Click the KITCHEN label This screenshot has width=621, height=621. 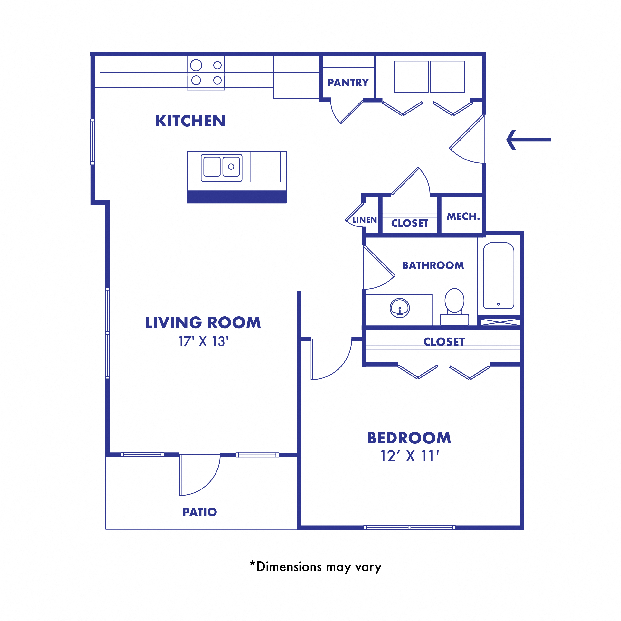click(x=190, y=121)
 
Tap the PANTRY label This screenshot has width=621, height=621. click(x=348, y=83)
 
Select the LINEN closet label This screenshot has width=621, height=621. click(x=365, y=220)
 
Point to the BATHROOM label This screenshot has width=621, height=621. click(x=433, y=265)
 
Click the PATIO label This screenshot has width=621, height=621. click(x=200, y=512)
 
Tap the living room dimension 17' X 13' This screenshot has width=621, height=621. click(x=203, y=341)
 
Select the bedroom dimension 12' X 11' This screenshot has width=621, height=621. click(x=410, y=456)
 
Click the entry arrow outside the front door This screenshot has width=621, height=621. click(x=528, y=140)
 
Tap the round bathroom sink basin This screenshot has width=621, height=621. click(x=400, y=308)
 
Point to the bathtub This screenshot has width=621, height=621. click(x=498, y=276)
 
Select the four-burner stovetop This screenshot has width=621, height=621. click(x=206, y=73)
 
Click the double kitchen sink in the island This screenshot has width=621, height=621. click(x=221, y=167)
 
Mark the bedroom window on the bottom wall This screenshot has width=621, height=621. click(x=409, y=527)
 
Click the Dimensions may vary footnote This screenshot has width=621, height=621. click(x=315, y=567)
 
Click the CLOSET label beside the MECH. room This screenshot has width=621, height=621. click(x=410, y=223)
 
